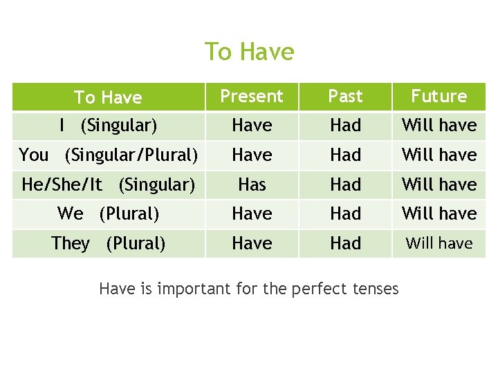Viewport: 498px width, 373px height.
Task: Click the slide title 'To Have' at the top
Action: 249,52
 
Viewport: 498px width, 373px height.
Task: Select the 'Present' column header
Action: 252,96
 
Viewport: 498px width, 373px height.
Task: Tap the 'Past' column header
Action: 345,96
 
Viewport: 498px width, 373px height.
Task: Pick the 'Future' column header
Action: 439,96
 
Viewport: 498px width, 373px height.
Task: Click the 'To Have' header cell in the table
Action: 108,97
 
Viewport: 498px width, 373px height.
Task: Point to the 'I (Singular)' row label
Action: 108,126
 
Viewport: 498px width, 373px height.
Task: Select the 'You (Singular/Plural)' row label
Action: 108,155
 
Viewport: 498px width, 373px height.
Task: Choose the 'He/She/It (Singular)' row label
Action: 108,184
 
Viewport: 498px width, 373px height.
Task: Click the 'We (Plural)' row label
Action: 108,214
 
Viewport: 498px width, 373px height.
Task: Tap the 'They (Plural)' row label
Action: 108,244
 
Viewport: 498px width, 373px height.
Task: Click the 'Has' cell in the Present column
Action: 252,184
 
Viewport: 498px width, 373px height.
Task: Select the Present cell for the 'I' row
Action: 252,126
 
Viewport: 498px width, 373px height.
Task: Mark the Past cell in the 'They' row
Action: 345,244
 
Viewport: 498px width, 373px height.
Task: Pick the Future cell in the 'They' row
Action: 439,244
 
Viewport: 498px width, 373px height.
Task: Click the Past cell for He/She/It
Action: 345,184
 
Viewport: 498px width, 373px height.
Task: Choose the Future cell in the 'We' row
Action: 439,214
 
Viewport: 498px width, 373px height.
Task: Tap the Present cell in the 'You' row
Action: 252,155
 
